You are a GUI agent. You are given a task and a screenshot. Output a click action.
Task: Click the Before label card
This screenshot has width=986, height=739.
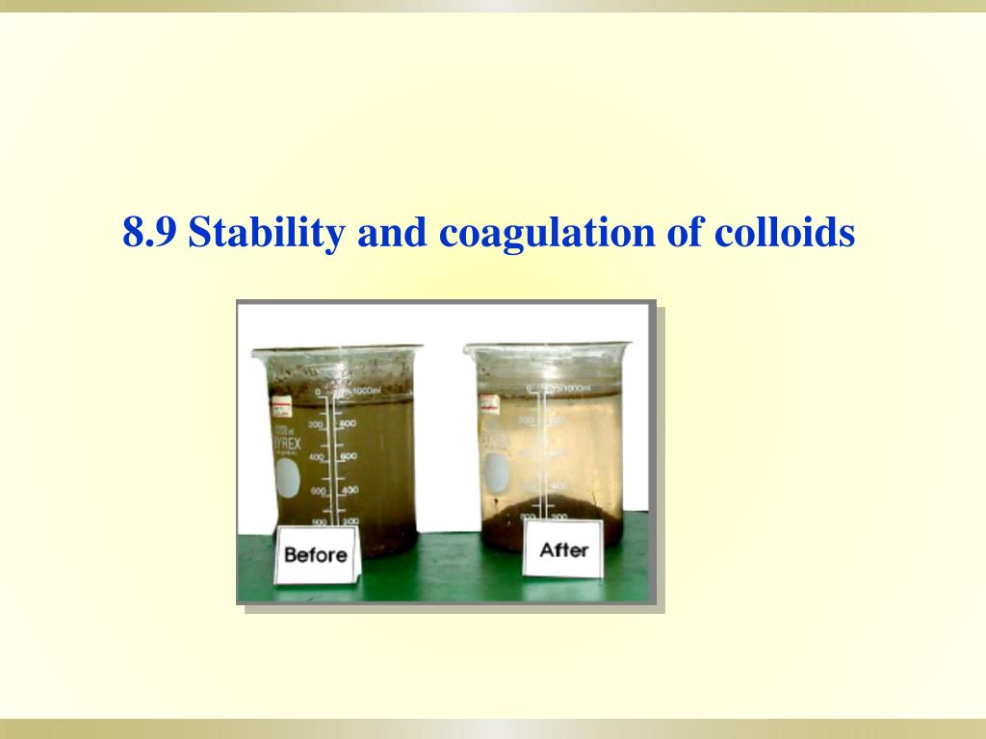tap(315, 555)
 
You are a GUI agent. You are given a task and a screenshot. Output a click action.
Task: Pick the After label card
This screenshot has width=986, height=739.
tap(563, 550)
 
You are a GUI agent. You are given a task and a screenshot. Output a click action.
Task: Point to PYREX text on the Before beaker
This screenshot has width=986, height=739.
tap(286, 444)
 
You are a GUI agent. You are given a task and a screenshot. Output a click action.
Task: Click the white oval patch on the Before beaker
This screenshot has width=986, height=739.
tap(287, 478)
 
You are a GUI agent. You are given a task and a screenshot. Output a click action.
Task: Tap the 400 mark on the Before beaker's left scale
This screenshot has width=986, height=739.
tap(317, 457)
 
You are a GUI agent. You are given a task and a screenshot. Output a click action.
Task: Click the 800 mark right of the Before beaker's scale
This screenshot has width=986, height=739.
tap(349, 423)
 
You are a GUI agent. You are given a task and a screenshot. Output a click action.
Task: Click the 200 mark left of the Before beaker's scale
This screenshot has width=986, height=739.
tap(315, 424)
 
